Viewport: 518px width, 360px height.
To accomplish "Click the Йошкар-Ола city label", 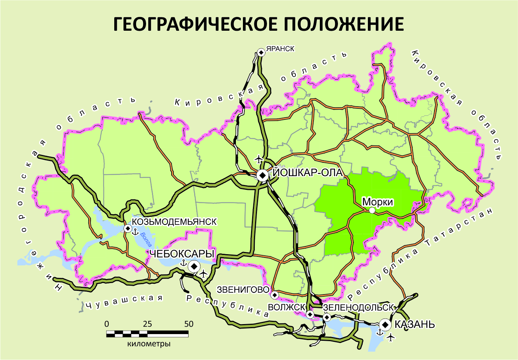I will pyautogui.click(x=308, y=172).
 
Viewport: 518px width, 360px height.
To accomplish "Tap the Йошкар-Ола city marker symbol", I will pyautogui.click(x=263, y=176).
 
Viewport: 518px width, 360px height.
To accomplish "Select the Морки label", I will pyautogui.click(x=378, y=202).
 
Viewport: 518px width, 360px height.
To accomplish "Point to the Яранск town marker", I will pyautogui.click(x=261, y=53).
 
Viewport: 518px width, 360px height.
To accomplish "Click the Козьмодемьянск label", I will pyautogui.click(x=175, y=222).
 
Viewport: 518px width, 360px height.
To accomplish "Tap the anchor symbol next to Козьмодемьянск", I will pyautogui.click(x=135, y=232).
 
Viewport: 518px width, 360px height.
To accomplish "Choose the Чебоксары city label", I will pyautogui.click(x=182, y=254).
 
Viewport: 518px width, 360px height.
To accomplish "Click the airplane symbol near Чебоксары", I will pyautogui.click(x=203, y=274).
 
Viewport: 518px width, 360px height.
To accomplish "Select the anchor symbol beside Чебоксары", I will pyautogui.click(x=182, y=263).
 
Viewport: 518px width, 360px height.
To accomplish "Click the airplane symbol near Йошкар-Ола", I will pyautogui.click(x=259, y=159).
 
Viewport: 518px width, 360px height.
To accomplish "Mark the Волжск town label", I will pyautogui.click(x=287, y=307).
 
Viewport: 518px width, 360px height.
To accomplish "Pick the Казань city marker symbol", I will pyautogui.click(x=385, y=324).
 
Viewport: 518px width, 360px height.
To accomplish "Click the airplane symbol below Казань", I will pyautogui.click(x=390, y=337).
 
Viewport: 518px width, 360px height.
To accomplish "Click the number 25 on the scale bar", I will pyautogui.click(x=147, y=324).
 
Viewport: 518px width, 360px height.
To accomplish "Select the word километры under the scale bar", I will pyautogui.click(x=149, y=344).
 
